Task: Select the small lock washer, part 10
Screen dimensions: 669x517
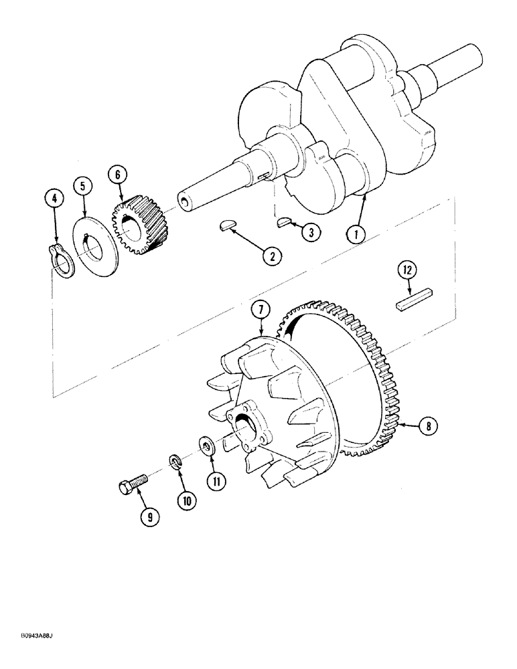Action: pos(174,460)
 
